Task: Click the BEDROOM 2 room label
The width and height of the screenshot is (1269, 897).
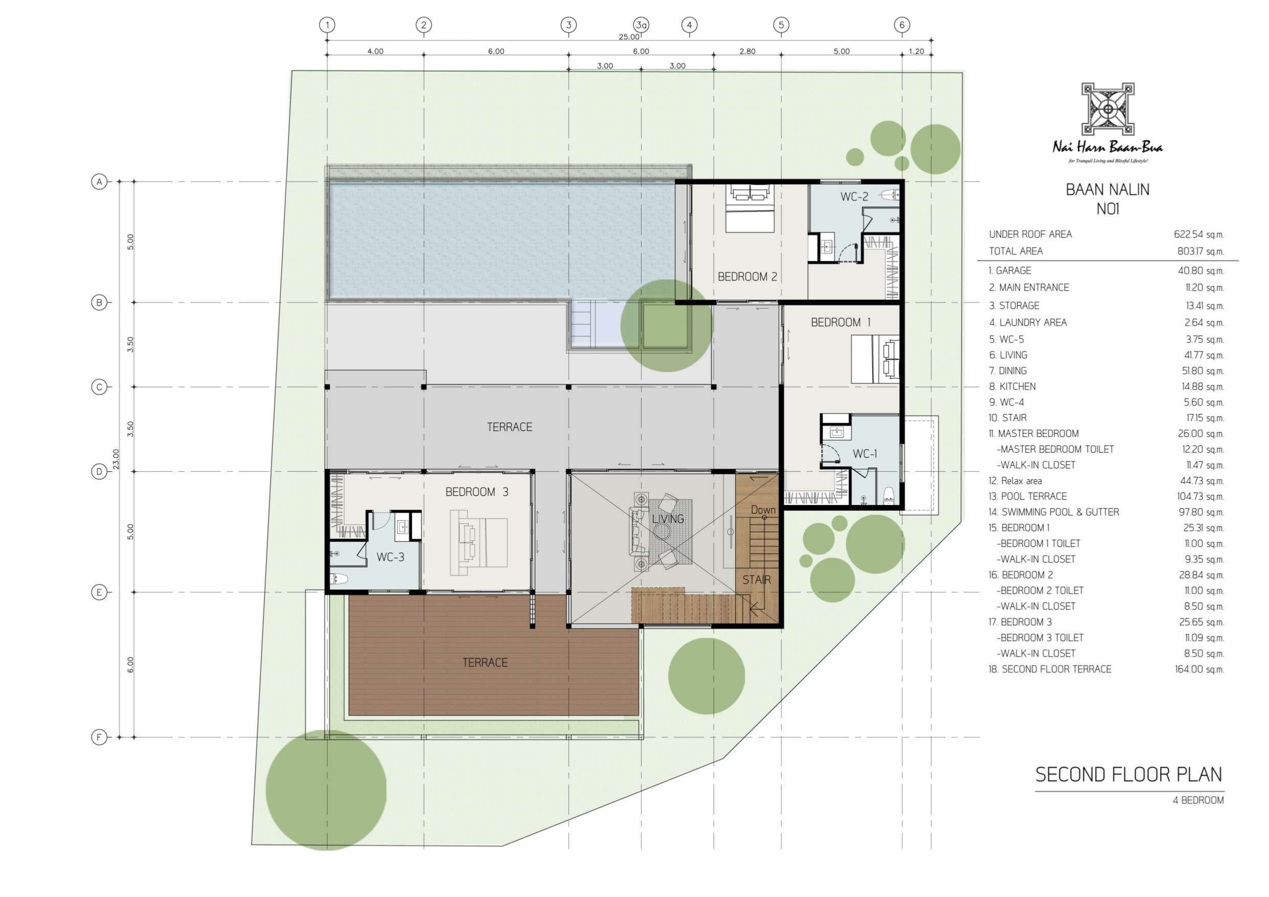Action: coord(747,277)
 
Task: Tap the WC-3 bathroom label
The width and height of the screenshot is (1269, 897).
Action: coord(390,557)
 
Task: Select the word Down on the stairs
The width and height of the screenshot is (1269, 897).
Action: coord(763,510)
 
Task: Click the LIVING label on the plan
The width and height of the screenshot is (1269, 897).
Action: coord(668,519)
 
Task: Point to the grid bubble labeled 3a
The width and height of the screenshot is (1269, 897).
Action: coord(641,25)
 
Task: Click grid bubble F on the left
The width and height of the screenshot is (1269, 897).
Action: coord(99,737)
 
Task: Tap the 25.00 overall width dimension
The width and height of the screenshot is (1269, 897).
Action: coord(629,37)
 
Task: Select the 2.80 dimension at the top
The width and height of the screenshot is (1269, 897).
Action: coord(747,52)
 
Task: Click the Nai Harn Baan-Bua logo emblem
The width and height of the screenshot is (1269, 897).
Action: coord(1107,109)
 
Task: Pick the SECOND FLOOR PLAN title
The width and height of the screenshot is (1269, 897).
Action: coord(1128,775)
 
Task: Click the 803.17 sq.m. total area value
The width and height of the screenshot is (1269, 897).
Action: coord(1200,251)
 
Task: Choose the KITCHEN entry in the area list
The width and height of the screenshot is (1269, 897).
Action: coord(1012,387)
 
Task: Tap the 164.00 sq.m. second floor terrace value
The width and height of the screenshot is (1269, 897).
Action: coord(1199,669)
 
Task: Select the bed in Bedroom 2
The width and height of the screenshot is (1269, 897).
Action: coord(749,209)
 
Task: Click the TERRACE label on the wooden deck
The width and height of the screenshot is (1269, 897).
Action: coord(485,663)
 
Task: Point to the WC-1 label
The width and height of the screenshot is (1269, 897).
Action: coord(865,454)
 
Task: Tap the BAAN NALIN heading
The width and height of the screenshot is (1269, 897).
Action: coord(1107,190)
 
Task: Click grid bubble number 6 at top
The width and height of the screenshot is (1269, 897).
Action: coord(902,25)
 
